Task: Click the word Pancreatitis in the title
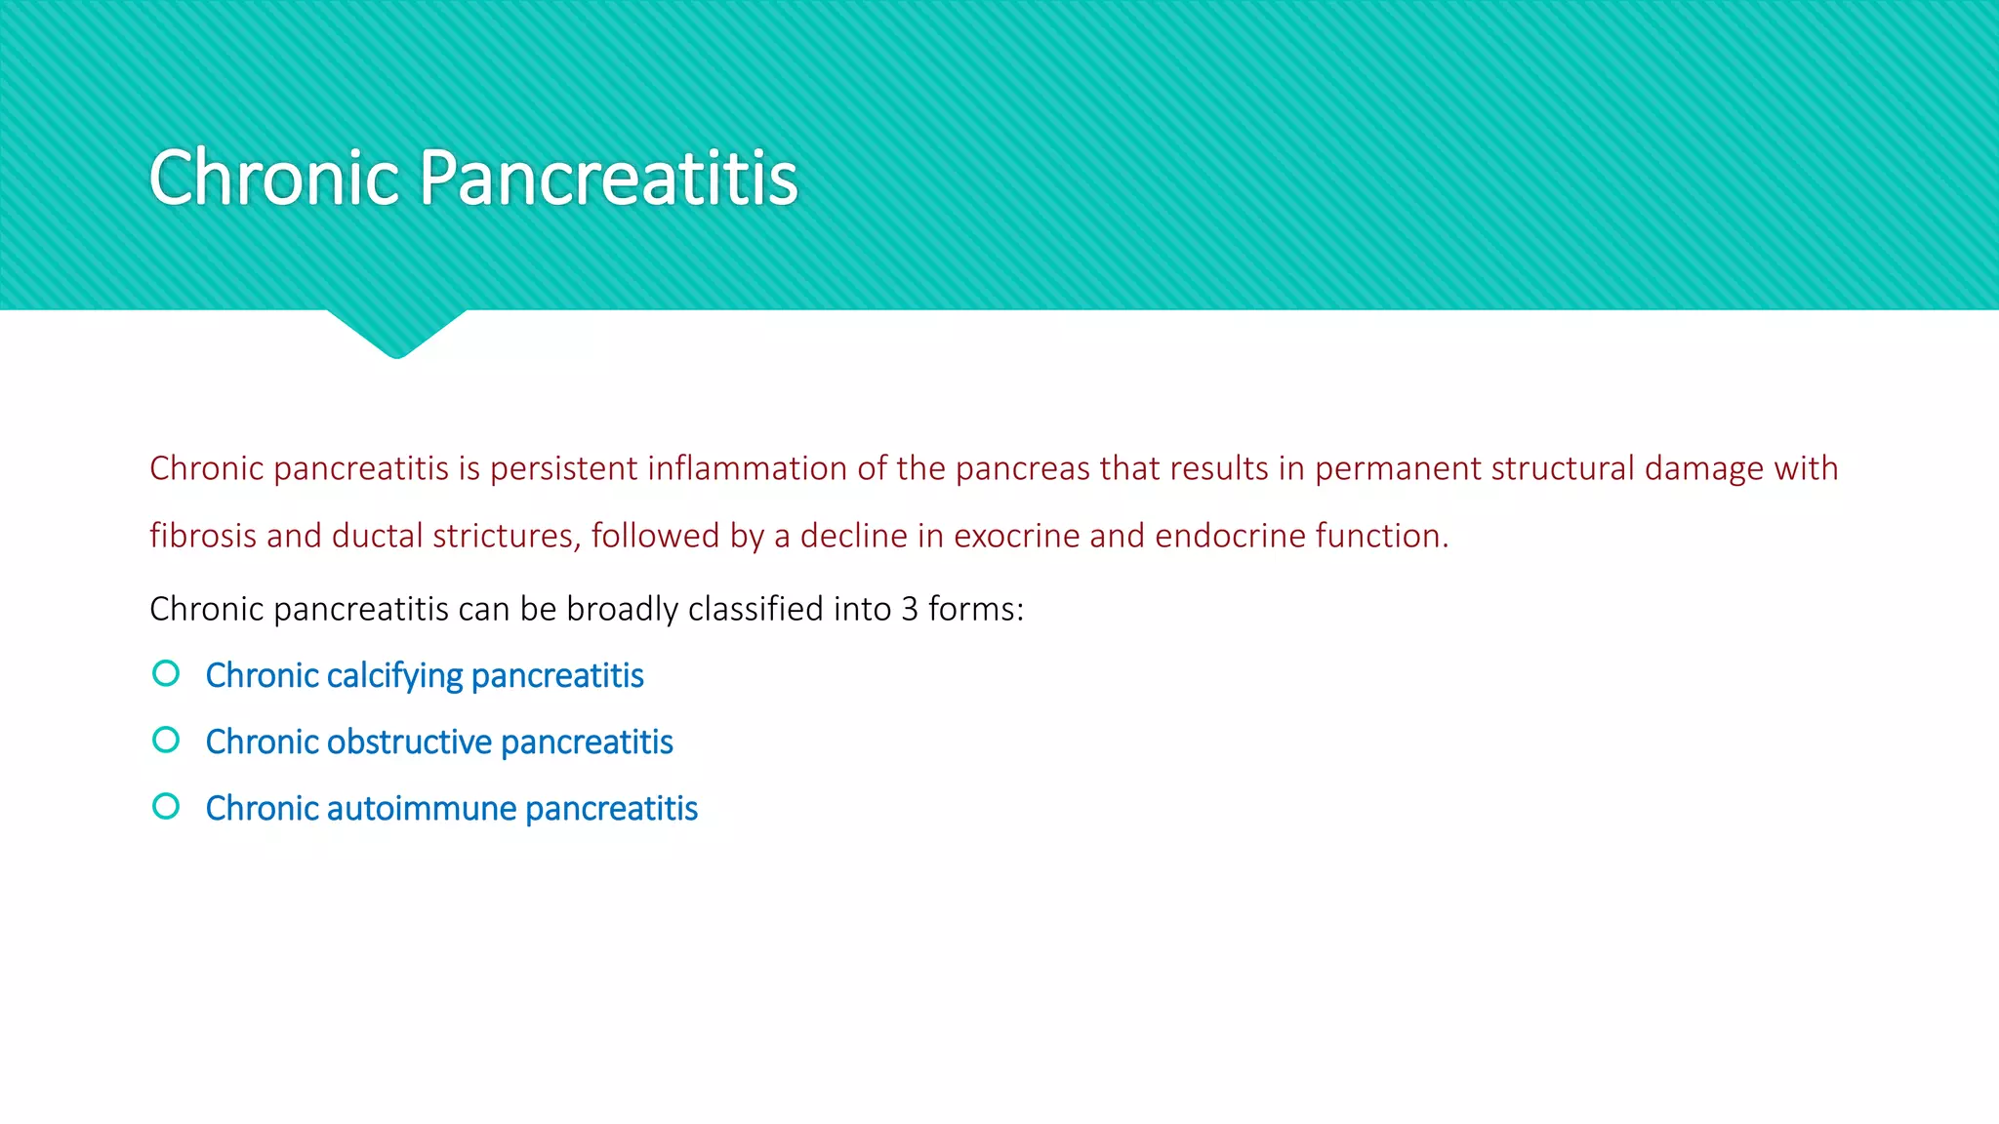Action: point(609,179)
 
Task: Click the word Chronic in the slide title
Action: point(274,179)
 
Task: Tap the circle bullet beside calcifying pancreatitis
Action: point(166,673)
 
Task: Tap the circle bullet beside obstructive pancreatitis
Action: point(166,740)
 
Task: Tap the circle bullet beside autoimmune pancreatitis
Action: point(166,806)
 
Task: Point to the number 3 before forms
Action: point(910,609)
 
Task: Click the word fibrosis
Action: point(203,536)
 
